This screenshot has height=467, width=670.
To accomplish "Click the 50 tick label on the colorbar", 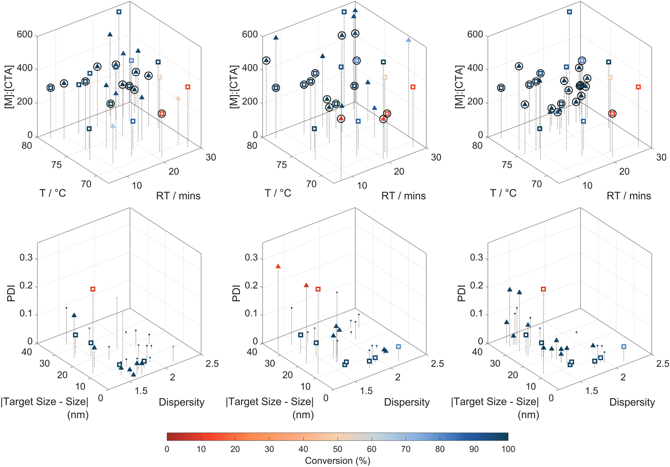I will (337, 449).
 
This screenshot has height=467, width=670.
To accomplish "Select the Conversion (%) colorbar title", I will (337, 461).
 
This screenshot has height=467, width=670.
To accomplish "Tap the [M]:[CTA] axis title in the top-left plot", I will (9, 87).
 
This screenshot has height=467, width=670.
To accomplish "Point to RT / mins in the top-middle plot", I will (403, 196).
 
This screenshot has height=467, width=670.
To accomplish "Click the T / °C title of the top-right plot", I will (503, 193).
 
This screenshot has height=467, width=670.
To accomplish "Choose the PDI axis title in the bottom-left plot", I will (11, 293).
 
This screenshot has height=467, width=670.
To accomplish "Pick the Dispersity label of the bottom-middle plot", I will (407, 402).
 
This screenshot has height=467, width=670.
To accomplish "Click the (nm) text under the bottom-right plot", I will (528, 414).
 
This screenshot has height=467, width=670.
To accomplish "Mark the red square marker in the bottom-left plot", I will (93, 289).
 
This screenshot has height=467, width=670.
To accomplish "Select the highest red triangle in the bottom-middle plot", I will (278, 266).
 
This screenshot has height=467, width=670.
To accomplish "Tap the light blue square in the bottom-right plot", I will (624, 347).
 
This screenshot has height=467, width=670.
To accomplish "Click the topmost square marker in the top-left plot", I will (119, 12).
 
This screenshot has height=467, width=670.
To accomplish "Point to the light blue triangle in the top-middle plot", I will (408, 40).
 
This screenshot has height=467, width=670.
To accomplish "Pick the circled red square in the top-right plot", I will (612, 114).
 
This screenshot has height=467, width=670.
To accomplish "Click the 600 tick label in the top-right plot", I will (475, 35).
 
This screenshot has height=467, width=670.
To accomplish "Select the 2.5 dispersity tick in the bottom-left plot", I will (212, 364).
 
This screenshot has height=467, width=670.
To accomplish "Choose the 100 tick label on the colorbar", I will (508, 449).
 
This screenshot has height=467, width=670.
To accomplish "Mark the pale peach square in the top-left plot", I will (159, 78).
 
